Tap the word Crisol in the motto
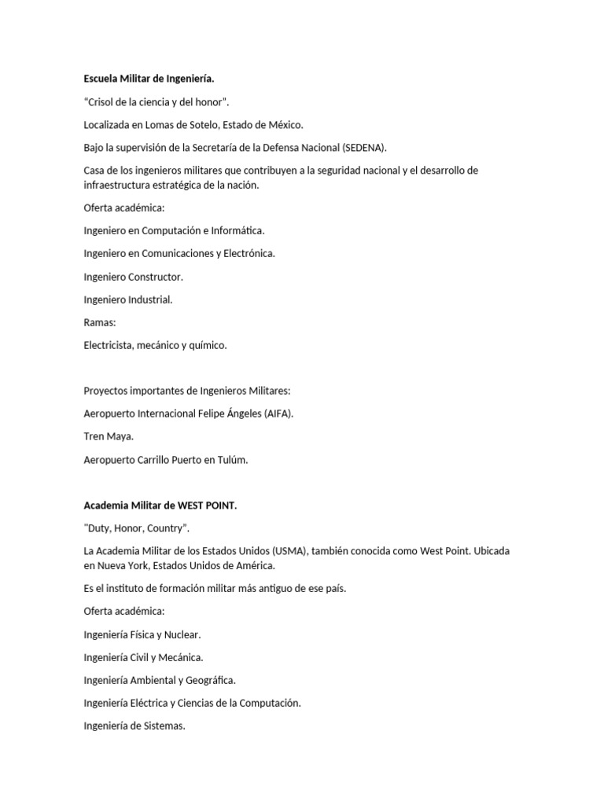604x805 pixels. click(x=103, y=101)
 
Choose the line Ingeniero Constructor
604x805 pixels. click(x=133, y=277)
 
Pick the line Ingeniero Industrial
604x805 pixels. click(x=127, y=300)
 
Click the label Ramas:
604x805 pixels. click(x=100, y=322)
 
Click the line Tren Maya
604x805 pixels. click(x=109, y=436)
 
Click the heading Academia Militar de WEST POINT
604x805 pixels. click(x=160, y=505)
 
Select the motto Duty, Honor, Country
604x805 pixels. click(x=136, y=528)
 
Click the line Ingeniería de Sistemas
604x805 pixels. click(x=134, y=726)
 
